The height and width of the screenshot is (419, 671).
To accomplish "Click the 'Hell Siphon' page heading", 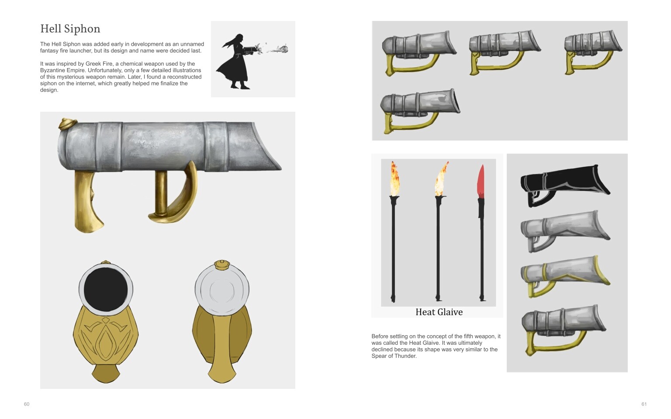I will (x=70, y=29).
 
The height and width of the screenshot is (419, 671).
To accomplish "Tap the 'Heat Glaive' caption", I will (x=439, y=312).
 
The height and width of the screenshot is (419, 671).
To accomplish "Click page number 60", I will (x=27, y=404).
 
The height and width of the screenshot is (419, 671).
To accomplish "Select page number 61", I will (x=644, y=404).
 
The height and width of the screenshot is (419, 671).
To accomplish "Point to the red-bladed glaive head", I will (x=481, y=181).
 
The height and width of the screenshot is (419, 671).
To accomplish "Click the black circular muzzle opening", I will (x=105, y=290).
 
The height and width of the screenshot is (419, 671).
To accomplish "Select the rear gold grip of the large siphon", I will (x=88, y=201).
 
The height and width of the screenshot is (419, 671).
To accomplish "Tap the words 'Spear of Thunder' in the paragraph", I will (x=394, y=356).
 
